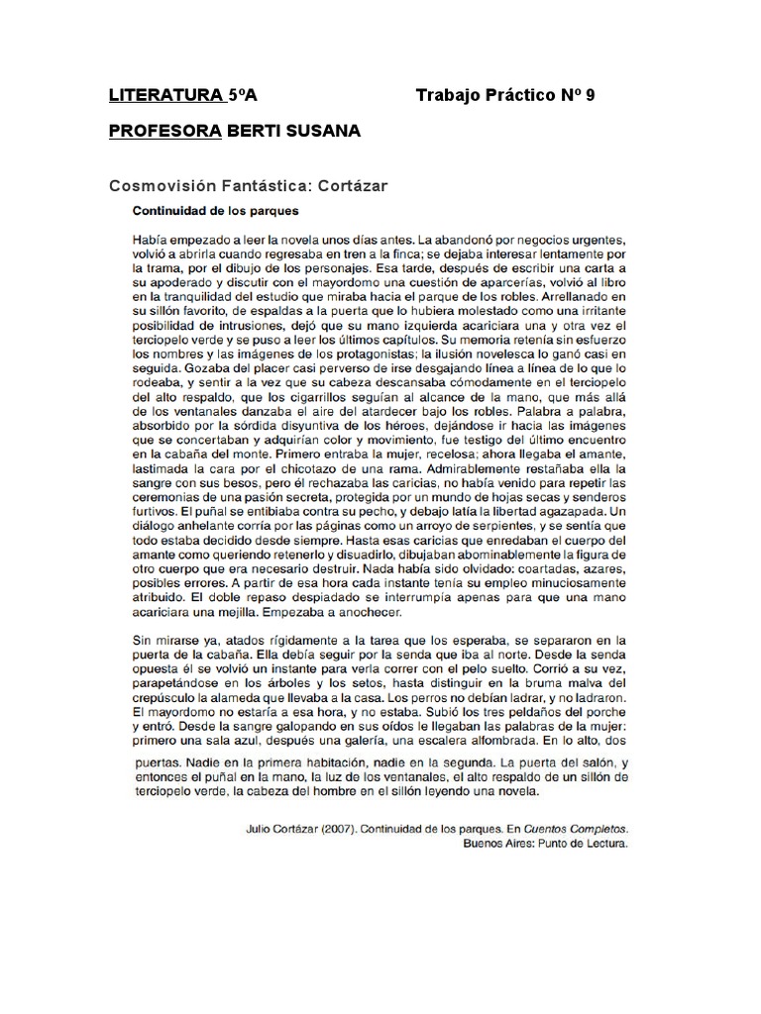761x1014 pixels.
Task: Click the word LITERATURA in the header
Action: point(164,96)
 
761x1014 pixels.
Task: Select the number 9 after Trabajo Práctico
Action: point(591,96)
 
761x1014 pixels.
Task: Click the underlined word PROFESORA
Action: point(164,133)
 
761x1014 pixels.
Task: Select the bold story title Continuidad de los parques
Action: point(216,211)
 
